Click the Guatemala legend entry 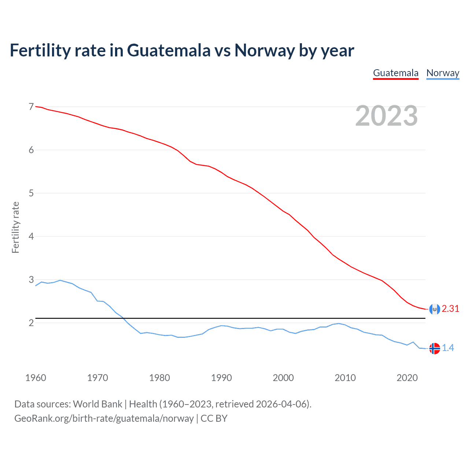(396, 73)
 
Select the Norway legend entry (443, 73)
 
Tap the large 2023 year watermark (386, 116)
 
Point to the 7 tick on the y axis (31, 107)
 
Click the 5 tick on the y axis (31, 193)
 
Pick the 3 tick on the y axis (31, 280)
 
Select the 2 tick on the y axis (31, 323)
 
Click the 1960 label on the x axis (36, 378)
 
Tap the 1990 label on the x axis (221, 378)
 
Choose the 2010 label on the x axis (345, 378)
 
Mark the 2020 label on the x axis (407, 378)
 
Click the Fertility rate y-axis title (15, 227)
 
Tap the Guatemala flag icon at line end (435, 309)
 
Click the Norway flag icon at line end (435, 348)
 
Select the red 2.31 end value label (450, 309)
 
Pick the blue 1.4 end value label (448, 348)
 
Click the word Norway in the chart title (265, 50)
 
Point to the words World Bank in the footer (97, 404)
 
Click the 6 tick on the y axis (31, 150)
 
